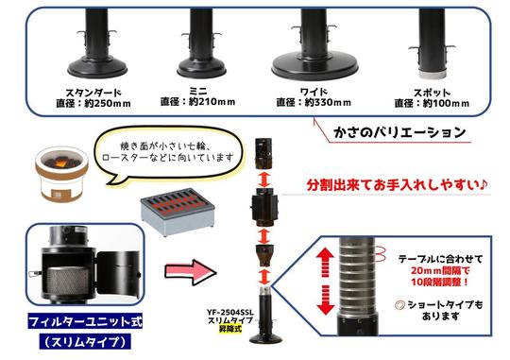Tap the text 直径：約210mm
(x=196, y=99)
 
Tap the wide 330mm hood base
(x=314, y=66)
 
